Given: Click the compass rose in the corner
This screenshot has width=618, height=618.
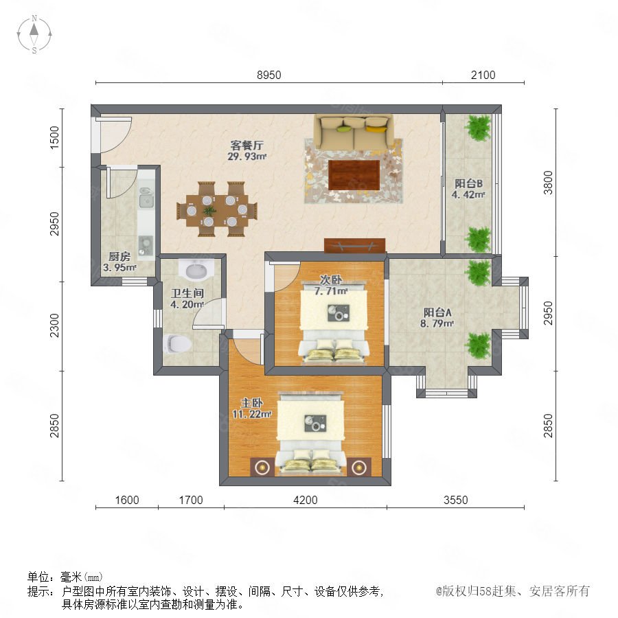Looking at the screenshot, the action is tap(34, 34).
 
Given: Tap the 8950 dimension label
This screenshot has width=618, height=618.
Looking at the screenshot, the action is tap(268, 75).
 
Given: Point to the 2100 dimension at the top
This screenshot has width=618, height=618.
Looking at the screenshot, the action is tap(483, 75).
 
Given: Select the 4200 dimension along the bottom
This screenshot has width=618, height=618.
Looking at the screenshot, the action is tap(306, 500).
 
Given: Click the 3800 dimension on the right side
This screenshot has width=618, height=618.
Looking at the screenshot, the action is tap(548, 183).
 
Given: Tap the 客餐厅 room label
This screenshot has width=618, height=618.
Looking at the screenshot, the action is tap(247, 145).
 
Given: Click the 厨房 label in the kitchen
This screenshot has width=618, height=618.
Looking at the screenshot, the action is tap(119, 257).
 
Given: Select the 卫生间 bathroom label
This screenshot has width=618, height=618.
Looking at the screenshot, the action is tap(187, 293).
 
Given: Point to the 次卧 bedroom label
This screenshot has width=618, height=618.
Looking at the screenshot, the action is tap(331, 280).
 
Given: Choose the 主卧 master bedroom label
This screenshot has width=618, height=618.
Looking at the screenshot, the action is tap(252, 403).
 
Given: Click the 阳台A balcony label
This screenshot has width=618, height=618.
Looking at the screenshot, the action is tap(437, 312).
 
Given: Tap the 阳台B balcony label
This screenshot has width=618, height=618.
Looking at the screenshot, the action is tap(468, 183).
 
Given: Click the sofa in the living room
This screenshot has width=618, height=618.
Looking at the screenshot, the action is tap(354, 132).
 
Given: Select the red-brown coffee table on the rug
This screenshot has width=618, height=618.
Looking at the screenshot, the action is tap(354, 175).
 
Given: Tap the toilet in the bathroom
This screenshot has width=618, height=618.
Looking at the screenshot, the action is tap(177, 344).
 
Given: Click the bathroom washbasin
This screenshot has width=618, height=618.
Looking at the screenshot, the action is tap(196, 269).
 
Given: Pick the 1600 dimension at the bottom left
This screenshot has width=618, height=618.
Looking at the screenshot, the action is tap(127, 500).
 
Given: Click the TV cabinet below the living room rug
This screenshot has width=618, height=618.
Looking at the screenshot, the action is tap(354, 245).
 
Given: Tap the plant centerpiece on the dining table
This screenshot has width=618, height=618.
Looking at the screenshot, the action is tap(209, 211).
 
